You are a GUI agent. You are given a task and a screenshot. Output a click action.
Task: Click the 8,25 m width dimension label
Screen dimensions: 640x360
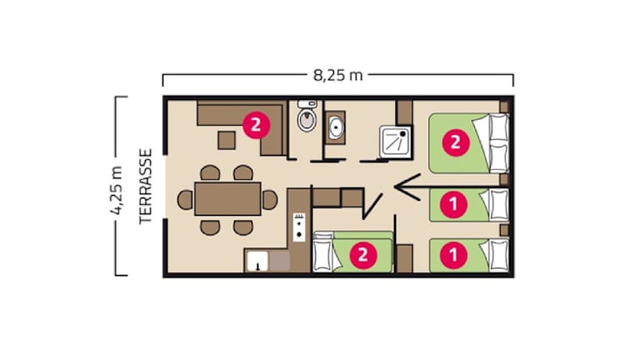pos(338,75)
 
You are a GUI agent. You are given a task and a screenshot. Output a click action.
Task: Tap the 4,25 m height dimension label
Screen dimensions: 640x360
pos(117,190)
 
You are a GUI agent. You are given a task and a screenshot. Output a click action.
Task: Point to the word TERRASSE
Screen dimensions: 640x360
pos(145,186)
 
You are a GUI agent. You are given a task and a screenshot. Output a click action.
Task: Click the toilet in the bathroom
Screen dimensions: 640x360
pos(307,116)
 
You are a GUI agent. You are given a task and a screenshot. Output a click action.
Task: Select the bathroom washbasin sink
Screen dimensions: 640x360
pos(336,127)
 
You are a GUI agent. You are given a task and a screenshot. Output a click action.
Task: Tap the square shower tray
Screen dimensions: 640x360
pos(396,142)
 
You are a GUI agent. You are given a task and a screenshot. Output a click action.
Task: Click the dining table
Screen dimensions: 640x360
pos(227,199)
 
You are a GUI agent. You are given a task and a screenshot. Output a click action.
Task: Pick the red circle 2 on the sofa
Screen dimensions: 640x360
pos(257,125)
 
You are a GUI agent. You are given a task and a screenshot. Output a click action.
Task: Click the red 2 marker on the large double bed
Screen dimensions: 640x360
pos(456,142)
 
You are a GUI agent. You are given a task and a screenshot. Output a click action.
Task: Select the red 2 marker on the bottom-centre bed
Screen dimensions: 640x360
pos(362,255)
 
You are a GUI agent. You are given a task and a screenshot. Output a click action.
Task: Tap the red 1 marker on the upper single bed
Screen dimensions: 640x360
pos(453,203)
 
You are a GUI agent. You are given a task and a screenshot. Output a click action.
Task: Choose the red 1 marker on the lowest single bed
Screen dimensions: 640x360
pos(453,255)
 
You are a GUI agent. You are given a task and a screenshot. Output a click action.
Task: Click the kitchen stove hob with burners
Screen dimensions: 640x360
pos(299,227)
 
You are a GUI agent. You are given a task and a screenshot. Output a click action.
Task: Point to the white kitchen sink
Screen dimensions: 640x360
pos(257,261)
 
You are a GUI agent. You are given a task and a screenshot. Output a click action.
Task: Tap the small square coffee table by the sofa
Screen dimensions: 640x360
pos(227,140)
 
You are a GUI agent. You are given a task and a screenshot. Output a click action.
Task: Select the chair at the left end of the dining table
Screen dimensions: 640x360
pos(185,200)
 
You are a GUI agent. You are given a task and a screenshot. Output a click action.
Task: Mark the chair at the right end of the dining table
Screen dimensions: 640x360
pos(270,200)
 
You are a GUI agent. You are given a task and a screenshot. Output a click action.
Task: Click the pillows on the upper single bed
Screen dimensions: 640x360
pos(497,205)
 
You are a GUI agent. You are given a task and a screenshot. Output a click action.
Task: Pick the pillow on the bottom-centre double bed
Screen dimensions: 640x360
pos(323,252)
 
